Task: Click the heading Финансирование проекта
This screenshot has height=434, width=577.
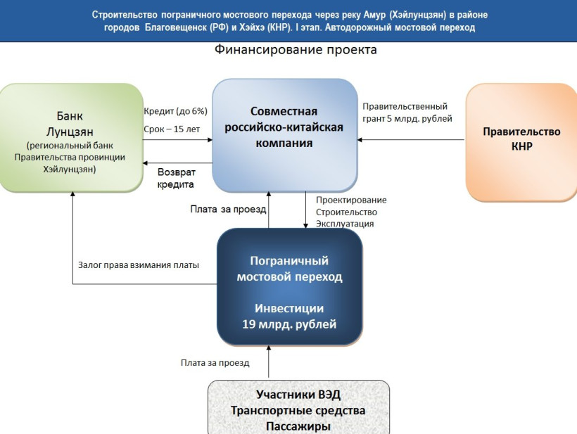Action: pos(296,51)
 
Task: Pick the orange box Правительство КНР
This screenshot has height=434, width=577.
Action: pos(521,139)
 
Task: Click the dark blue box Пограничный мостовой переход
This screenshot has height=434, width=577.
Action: pos(289,287)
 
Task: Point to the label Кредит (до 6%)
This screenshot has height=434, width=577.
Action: pos(175,111)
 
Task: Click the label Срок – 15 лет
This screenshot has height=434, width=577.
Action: pos(170,130)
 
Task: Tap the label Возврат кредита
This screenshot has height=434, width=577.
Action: pos(176,177)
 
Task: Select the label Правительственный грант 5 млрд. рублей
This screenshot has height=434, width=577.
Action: pos(407,113)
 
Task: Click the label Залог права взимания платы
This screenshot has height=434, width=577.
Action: pos(138,265)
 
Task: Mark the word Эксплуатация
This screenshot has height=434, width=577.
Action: pos(345,224)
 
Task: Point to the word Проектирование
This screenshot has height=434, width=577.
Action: pos(351,200)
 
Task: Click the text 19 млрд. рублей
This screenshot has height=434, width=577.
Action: pos(289,324)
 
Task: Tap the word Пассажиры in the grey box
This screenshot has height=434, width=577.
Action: pos(298,426)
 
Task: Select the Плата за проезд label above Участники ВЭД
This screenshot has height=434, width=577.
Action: pos(215,363)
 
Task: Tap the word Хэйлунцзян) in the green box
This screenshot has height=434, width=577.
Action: pos(72,169)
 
